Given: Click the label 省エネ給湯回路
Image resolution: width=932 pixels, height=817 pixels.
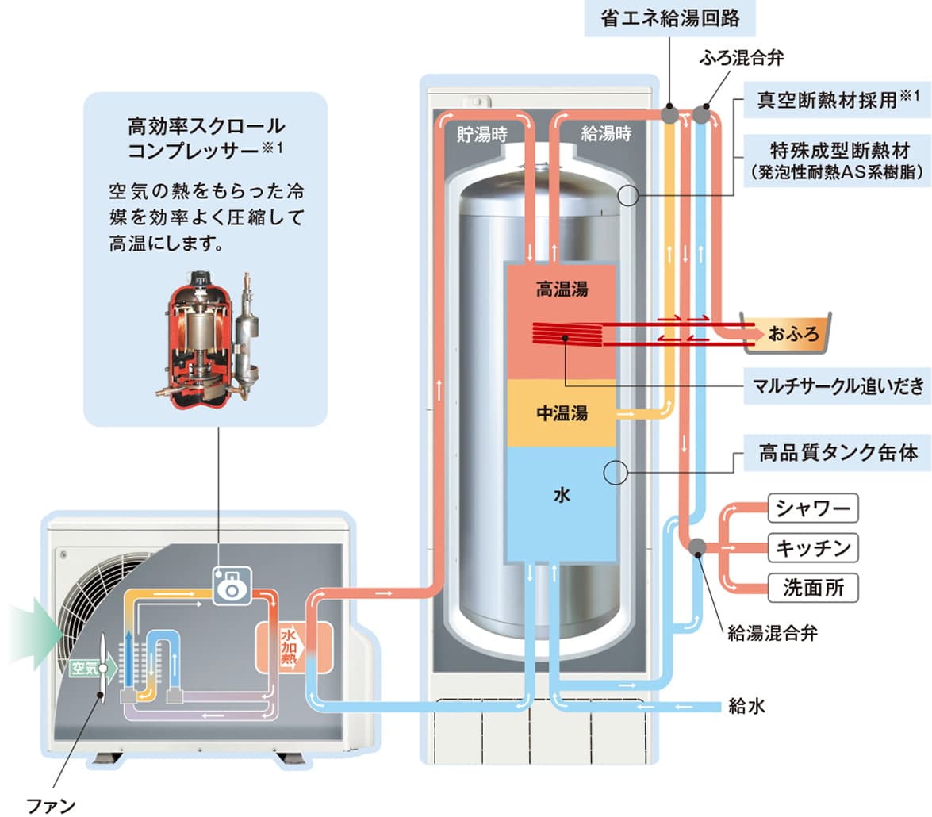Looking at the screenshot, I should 670,18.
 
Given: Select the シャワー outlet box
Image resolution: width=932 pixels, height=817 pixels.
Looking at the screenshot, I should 813,507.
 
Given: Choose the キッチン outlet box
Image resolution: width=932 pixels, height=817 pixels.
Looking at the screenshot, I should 813,547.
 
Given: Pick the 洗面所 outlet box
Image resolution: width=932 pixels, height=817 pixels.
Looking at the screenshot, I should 813,588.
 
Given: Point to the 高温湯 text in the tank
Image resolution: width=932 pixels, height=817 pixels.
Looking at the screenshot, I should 562,289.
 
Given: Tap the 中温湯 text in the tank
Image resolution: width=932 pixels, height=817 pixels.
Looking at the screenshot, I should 562,413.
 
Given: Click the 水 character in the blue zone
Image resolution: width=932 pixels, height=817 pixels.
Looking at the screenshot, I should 562,496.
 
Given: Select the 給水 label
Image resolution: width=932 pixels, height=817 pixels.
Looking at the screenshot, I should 746,705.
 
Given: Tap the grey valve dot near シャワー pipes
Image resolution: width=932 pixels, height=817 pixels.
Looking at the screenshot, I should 697,547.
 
